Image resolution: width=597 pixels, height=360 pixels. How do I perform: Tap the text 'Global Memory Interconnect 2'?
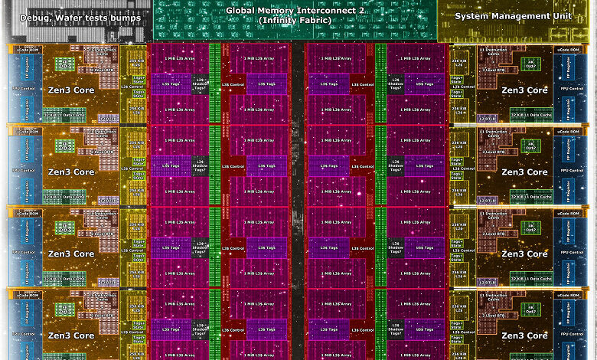point(295,11)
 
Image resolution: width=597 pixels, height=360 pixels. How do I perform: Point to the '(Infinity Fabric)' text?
point(295,21)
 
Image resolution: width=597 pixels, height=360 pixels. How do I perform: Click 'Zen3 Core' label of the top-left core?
point(71,90)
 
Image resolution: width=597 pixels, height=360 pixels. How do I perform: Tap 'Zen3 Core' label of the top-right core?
point(524,90)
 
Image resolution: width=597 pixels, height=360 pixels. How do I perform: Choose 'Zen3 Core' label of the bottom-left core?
point(71,335)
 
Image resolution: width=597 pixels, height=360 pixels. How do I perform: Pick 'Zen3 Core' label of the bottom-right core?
point(524,335)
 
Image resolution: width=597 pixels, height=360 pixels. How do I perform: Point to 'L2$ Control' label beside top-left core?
point(136,87)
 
